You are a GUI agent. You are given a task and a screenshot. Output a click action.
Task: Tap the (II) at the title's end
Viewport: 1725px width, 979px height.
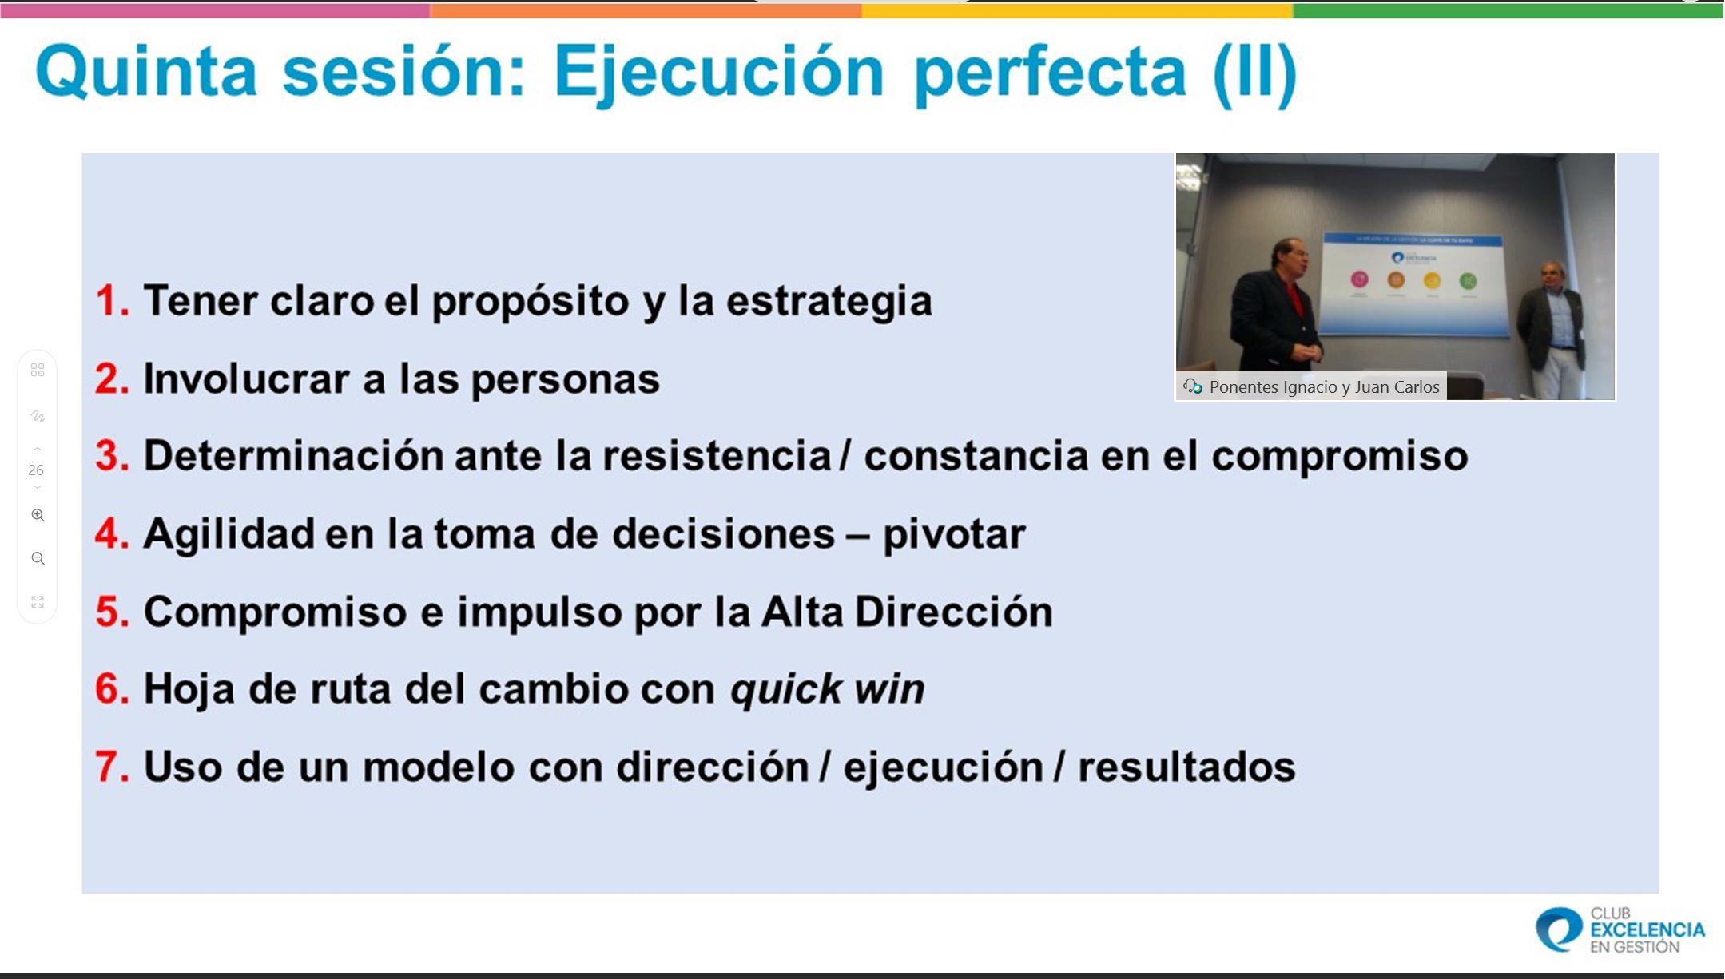tap(1254, 73)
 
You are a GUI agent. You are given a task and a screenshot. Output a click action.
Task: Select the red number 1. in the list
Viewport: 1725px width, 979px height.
tap(112, 301)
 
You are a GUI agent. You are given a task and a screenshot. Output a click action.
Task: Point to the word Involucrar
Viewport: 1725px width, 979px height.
tap(246, 379)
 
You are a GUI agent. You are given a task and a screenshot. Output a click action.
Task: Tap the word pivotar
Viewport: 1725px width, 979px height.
tap(954, 534)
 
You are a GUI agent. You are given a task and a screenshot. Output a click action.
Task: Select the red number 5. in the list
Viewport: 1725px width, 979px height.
tap(112, 612)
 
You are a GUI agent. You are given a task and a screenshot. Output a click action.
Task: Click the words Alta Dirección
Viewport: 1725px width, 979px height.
tap(906, 612)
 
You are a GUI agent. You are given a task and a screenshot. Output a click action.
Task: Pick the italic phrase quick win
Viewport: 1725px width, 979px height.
tap(827, 689)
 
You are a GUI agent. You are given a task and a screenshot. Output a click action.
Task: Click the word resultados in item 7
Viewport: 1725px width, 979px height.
tap(1186, 767)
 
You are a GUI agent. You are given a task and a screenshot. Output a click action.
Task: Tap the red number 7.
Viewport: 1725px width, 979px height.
tap(112, 767)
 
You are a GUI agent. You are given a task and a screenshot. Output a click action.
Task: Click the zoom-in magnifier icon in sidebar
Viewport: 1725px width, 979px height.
tap(38, 515)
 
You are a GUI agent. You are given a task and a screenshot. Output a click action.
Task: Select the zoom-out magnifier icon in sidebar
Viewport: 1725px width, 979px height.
tap(38, 558)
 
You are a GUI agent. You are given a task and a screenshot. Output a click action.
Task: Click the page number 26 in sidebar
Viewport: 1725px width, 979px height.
tap(36, 470)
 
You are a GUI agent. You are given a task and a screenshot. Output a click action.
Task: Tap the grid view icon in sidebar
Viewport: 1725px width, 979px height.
tap(38, 370)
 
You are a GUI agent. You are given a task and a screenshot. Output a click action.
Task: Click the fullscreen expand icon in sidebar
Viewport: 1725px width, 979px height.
tap(38, 601)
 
